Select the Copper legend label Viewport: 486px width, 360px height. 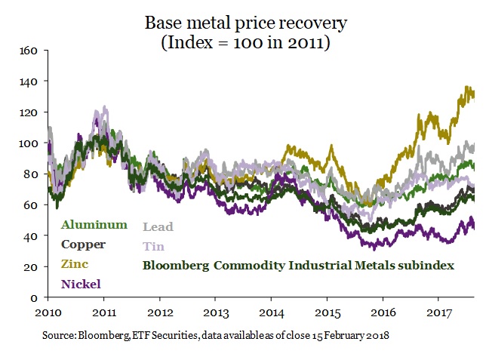coord(84,245)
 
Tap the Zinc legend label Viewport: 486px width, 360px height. coord(75,264)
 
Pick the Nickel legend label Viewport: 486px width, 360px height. coord(81,284)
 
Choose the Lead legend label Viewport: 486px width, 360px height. coord(158,226)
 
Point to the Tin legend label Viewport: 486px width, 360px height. coord(154,246)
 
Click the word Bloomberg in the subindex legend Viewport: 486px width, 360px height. coord(176,265)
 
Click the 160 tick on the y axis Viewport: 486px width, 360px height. coord(29,51)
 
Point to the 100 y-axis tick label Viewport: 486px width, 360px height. coord(29,143)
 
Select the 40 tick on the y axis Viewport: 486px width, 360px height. coord(32,236)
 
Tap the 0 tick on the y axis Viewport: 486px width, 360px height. coord(35,297)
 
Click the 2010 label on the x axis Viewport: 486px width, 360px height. coord(48,311)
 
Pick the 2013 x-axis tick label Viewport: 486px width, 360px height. coord(217,311)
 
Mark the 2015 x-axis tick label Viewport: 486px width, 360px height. coord(328,311)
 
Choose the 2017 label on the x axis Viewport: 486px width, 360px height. coord(440,311)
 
